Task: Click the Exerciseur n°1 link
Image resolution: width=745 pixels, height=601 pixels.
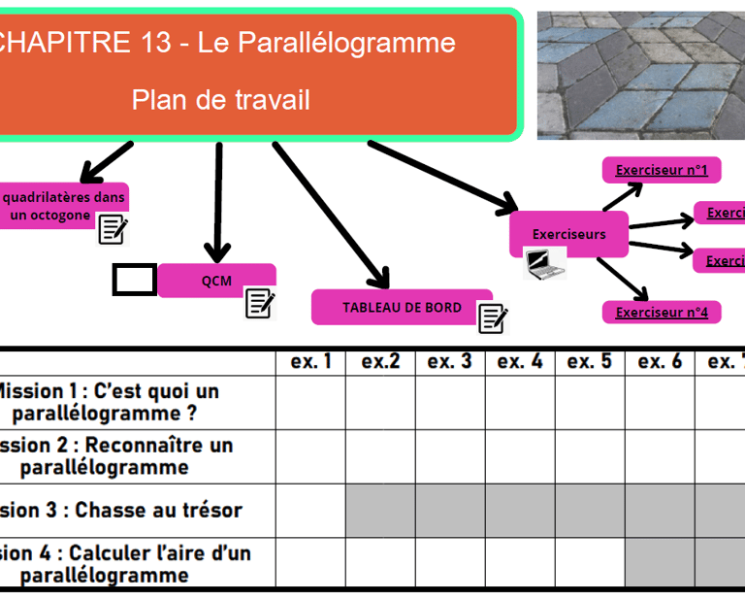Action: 662,171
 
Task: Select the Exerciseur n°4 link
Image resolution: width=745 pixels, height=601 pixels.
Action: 662,313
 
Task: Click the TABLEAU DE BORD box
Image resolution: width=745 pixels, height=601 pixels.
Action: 401,307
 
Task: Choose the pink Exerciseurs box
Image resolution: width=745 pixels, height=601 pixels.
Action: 568,233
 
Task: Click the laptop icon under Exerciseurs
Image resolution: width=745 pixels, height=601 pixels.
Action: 544,262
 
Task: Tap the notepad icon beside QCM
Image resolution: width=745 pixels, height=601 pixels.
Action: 260,303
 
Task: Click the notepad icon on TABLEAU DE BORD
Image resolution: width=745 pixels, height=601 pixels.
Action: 493,317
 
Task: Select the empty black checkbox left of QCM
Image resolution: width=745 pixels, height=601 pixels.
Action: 134,280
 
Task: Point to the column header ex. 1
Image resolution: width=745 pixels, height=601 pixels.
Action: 310,362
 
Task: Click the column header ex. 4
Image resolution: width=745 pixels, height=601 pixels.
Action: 520,362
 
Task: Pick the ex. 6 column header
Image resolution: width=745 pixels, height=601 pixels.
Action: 660,362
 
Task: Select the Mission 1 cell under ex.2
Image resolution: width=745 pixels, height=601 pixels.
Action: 380,402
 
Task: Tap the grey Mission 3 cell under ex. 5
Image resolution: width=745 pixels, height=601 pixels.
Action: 590,510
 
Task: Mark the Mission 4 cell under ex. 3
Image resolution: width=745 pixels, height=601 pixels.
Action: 450,563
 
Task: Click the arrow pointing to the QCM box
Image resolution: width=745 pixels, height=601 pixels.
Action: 217,204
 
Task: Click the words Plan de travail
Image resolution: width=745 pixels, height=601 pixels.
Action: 221,99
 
